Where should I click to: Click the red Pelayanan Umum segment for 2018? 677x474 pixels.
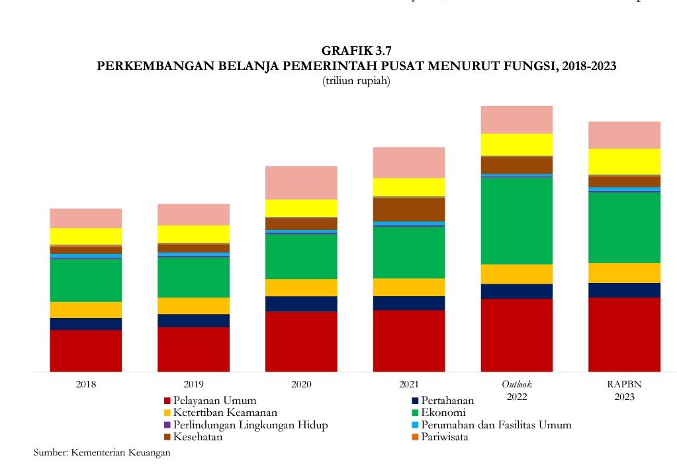[x=86, y=350]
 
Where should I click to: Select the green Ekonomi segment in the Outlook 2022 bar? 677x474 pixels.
[x=517, y=221]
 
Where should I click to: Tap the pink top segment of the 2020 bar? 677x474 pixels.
[x=301, y=182]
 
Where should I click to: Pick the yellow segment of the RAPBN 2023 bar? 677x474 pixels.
[x=624, y=161]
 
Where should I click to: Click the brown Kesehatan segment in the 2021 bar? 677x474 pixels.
[x=409, y=210]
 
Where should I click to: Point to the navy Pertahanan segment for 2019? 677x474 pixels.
[x=193, y=321]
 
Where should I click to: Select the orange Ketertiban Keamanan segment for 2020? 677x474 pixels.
[x=301, y=288]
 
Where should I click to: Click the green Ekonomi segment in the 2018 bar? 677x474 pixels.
[x=86, y=280]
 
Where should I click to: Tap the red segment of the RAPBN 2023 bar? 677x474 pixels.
[x=624, y=335]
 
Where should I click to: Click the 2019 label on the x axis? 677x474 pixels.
[x=193, y=384]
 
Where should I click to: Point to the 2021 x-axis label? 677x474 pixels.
[x=409, y=384]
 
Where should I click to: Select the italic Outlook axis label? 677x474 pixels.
[x=517, y=384]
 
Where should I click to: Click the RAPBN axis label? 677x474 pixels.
[x=624, y=384]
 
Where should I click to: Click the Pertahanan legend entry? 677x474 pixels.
[x=447, y=401]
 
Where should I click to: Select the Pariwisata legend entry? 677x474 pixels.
[x=444, y=437]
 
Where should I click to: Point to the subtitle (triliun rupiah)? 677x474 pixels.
[x=356, y=81]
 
